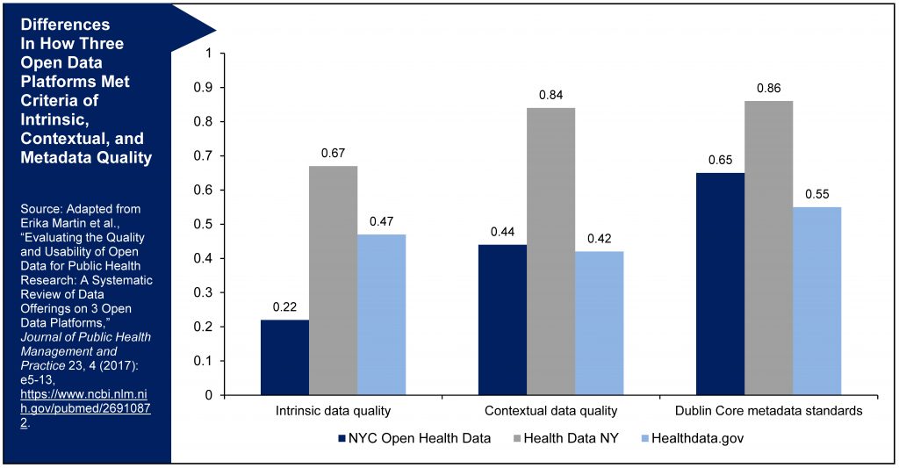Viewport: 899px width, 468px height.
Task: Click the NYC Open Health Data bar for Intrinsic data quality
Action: pyautogui.click(x=284, y=357)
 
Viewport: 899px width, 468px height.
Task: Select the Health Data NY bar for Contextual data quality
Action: pyautogui.click(x=550, y=251)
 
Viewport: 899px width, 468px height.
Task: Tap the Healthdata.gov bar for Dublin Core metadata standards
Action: pyautogui.click(x=816, y=300)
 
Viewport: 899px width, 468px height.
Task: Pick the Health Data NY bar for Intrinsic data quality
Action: pyautogui.click(x=333, y=280)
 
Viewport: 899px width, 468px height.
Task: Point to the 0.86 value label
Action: pyautogui.click(x=768, y=88)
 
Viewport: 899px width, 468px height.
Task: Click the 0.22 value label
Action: pyautogui.click(x=284, y=306)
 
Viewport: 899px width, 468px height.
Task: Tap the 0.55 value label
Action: pyautogui.click(x=816, y=193)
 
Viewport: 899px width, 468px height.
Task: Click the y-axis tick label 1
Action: pyautogui.click(x=208, y=53)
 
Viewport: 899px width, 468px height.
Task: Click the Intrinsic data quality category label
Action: pyautogui.click(x=333, y=411)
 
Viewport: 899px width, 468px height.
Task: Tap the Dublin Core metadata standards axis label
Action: pyautogui.click(x=768, y=411)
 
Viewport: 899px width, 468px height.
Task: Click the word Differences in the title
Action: pyautogui.click(x=67, y=24)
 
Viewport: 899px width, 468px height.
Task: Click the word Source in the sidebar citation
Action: pyautogui.click(x=40, y=208)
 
